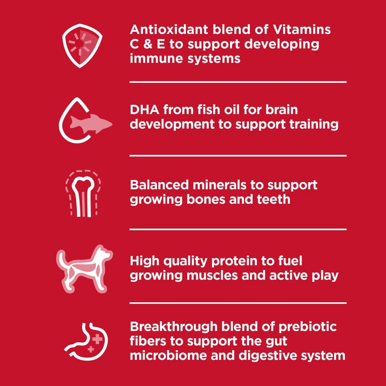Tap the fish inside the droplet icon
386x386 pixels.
tap(91, 124)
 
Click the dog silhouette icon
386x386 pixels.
tap(85, 269)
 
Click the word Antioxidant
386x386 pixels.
tap(169, 30)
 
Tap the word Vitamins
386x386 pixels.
tap(302, 30)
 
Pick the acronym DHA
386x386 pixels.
tap(145, 110)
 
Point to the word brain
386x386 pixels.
tap(281, 110)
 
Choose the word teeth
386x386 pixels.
tap(274, 200)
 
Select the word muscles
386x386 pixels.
tap(212, 276)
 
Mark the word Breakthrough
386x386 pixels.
tap(174, 327)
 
